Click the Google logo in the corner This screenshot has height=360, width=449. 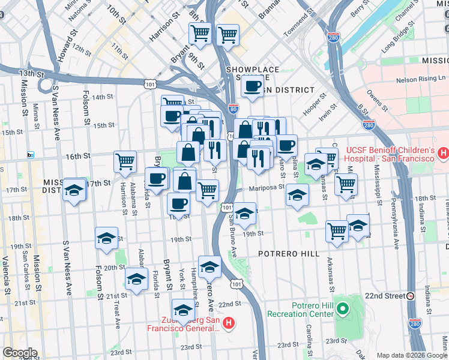[20, 353]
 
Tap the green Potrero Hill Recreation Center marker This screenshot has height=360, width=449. [343, 310]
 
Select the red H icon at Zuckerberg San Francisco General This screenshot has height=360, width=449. [228, 325]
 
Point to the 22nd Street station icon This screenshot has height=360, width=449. [410, 296]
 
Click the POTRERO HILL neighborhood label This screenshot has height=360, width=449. [289, 254]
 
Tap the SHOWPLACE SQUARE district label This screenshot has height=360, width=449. [253, 70]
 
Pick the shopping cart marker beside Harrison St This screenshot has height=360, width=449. [125, 161]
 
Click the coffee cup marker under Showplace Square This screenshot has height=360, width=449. [253, 86]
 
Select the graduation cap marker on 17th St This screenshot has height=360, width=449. [74, 190]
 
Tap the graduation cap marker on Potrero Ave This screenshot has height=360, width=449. [209, 266]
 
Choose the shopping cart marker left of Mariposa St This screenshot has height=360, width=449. [207, 191]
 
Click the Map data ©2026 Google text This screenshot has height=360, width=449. [411, 355]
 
